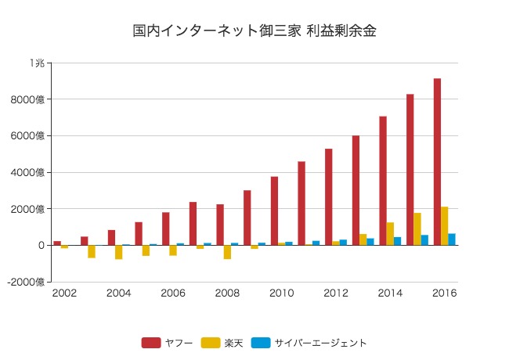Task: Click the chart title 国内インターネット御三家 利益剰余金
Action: click(254, 31)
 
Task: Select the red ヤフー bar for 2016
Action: click(437, 162)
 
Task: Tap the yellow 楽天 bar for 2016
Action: click(445, 226)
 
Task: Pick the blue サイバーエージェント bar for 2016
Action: click(452, 239)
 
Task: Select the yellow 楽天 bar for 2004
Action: click(119, 252)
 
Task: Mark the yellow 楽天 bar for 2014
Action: click(390, 234)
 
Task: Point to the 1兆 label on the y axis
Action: click(38, 63)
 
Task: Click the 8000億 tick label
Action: click(32, 99)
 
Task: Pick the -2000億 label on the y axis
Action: click(30, 282)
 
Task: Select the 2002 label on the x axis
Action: click(64, 293)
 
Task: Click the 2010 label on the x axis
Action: click(281, 293)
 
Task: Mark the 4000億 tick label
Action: click(32, 172)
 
